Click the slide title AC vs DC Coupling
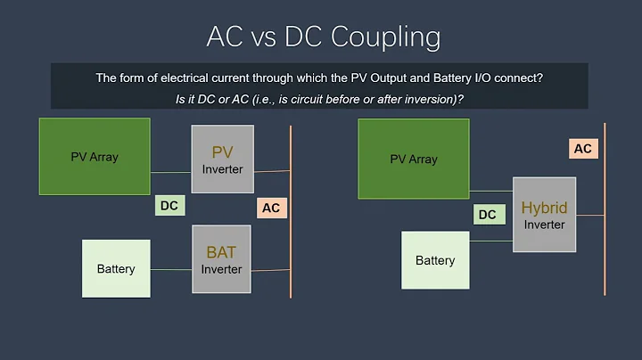[x=323, y=37]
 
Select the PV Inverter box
[x=222, y=159]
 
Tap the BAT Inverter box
[x=222, y=258]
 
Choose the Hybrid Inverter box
[x=544, y=214]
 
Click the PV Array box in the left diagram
[x=95, y=156]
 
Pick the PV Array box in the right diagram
[x=414, y=159]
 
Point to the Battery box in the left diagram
[x=116, y=268]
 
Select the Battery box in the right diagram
[x=435, y=260]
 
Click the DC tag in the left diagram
[x=169, y=206]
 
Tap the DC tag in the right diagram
[x=487, y=214]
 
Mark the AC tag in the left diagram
[x=271, y=208]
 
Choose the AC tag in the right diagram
[x=582, y=149]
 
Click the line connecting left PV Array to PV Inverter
[x=170, y=172]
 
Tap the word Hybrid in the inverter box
[x=544, y=208]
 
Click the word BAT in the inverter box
[x=222, y=252]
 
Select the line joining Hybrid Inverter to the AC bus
[x=590, y=215]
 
